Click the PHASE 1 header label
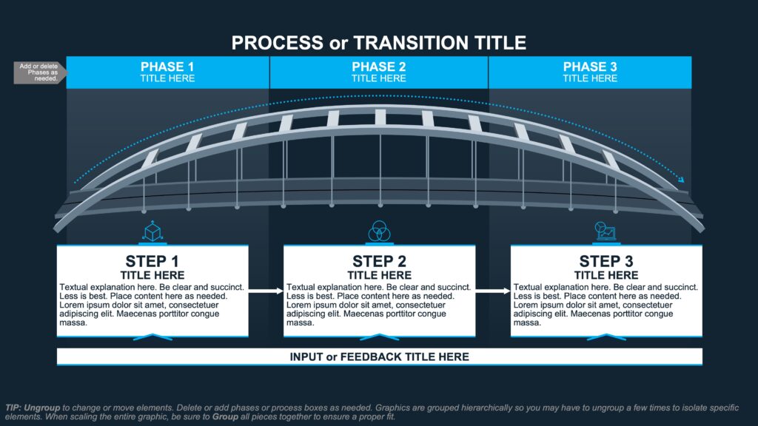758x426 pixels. click(167, 67)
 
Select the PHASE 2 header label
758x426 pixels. click(379, 67)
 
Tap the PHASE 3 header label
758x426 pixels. click(590, 67)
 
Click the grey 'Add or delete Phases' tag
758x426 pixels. click(38, 72)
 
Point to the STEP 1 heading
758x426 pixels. click(152, 261)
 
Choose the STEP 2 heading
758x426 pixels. click(379, 261)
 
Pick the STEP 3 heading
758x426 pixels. click(606, 261)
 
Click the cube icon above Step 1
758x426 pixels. click(152, 231)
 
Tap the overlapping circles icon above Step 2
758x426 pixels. click(379, 231)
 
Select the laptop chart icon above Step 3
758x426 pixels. click(606, 231)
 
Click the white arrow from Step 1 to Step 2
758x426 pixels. click(266, 291)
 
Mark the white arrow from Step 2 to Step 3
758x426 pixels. click(493, 291)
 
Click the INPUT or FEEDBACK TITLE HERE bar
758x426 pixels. click(379, 357)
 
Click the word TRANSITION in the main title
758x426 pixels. click(404, 43)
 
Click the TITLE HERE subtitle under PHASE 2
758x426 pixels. click(379, 78)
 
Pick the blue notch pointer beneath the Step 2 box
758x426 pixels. click(379, 337)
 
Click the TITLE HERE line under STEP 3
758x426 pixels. click(606, 275)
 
